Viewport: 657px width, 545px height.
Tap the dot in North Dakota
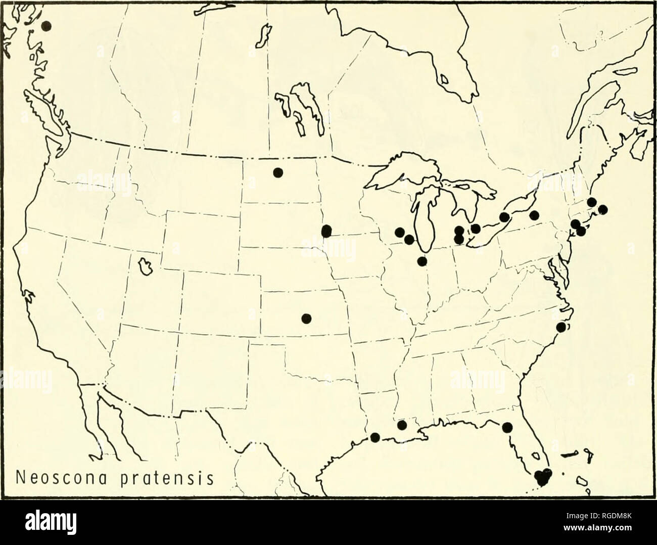click(x=277, y=172)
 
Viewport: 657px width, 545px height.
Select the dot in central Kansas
click(x=306, y=318)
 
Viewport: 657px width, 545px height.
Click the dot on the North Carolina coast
click(x=561, y=327)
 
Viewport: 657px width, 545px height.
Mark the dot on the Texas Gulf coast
click(x=374, y=437)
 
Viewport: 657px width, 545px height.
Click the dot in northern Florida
click(x=507, y=427)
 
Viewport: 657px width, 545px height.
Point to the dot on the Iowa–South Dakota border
click(x=326, y=231)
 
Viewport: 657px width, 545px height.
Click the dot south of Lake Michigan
click(x=422, y=261)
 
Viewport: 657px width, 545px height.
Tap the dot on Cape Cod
click(x=602, y=209)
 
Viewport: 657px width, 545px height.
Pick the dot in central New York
click(x=534, y=215)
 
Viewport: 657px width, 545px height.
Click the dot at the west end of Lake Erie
click(x=475, y=229)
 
